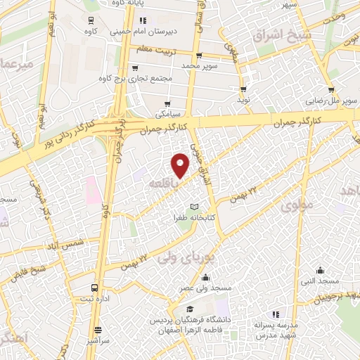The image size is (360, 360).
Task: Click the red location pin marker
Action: (181, 166)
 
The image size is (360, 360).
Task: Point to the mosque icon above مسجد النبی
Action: (321, 270)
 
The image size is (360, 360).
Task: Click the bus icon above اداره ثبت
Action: (95, 288)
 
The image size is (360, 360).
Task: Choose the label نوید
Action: (244, 101)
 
